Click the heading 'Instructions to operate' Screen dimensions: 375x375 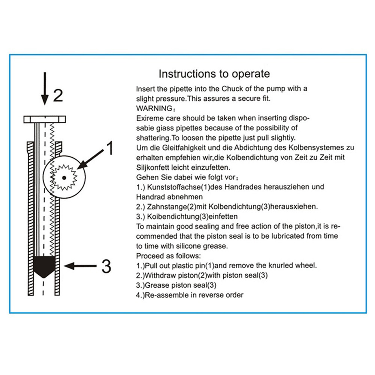214,73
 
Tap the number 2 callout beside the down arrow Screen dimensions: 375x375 58,96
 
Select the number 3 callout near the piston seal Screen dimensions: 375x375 106,266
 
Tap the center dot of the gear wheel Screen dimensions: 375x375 64,177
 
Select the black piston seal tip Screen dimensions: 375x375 44,266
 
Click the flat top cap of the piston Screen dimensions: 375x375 45,120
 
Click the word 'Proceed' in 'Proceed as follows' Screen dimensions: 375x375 148,256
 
